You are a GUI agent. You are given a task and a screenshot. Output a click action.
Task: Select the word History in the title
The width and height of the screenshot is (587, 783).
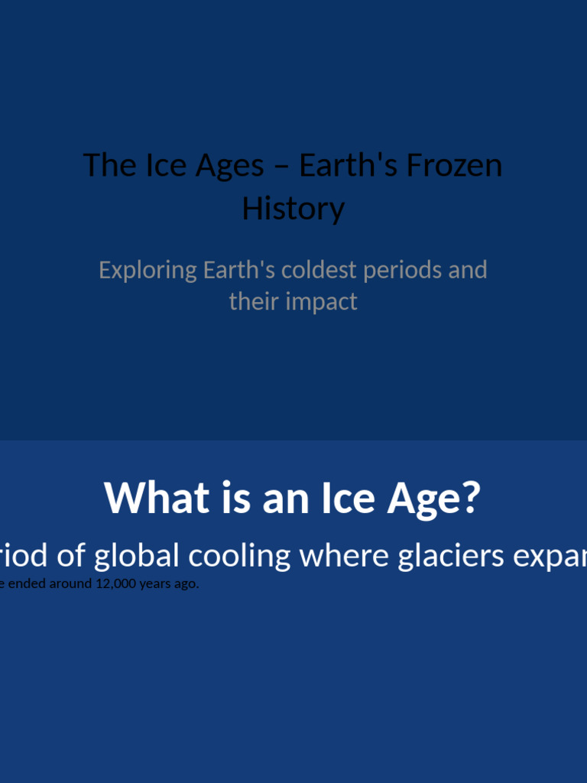pyautogui.click(x=293, y=208)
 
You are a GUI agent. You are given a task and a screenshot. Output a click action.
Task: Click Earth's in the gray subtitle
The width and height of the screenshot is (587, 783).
pyautogui.click(x=239, y=270)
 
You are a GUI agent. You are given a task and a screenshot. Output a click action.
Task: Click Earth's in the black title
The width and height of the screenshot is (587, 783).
pyautogui.click(x=349, y=165)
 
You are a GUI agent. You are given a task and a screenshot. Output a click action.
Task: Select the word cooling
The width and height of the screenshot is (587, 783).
pyautogui.click(x=239, y=556)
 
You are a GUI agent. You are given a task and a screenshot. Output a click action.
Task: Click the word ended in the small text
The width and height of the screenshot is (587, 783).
pyautogui.click(x=26, y=584)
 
